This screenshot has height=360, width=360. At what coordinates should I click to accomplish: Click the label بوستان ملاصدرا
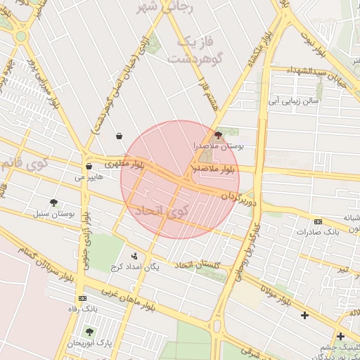218,146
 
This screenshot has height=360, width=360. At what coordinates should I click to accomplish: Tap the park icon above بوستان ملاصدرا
218,134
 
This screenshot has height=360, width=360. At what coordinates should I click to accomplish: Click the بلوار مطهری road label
124,163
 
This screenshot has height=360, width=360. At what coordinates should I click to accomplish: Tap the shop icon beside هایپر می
88,167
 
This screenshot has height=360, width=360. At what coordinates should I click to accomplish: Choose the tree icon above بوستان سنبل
54,202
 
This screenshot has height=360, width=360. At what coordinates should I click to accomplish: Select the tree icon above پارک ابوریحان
89,331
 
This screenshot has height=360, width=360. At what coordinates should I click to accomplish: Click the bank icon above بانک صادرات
318,221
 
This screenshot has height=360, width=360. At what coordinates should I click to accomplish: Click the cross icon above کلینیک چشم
340,337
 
